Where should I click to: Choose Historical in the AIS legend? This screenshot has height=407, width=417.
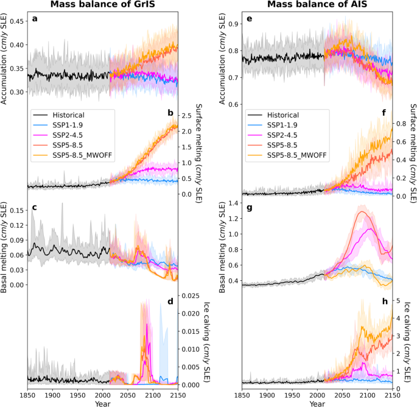pos(284,115)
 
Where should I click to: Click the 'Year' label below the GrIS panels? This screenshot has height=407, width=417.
pos(102,403)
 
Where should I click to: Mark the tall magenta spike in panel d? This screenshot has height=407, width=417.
pos(145,326)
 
